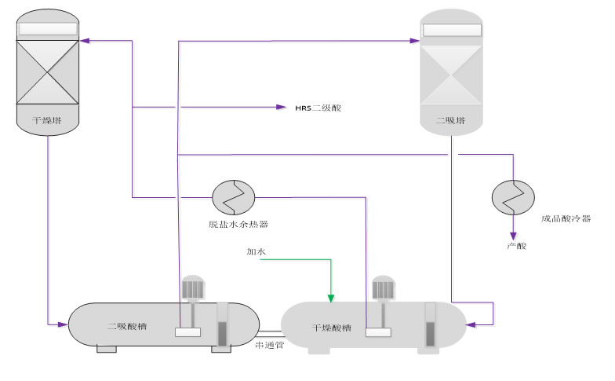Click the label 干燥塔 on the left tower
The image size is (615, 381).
click(x=47, y=121)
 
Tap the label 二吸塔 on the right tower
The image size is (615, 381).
click(x=451, y=121)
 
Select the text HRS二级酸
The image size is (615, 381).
click(x=318, y=108)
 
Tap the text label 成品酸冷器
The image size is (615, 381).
click(x=566, y=219)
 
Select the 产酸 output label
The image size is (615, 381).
click(x=514, y=247)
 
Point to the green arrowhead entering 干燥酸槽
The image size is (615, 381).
click(x=330, y=298)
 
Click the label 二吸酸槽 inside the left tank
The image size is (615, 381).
click(x=125, y=326)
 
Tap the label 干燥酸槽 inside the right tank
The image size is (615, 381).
click(x=329, y=327)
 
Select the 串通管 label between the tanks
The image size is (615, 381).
click(x=270, y=345)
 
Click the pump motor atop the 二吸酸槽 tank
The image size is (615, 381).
click(x=192, y=288)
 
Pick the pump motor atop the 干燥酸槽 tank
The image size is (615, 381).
click(x=383, y=288)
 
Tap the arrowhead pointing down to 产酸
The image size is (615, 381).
click(x=513, y=234)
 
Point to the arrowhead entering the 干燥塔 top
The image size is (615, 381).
click(x=86, y=39)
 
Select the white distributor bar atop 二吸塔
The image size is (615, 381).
click(x=451, y=30)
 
